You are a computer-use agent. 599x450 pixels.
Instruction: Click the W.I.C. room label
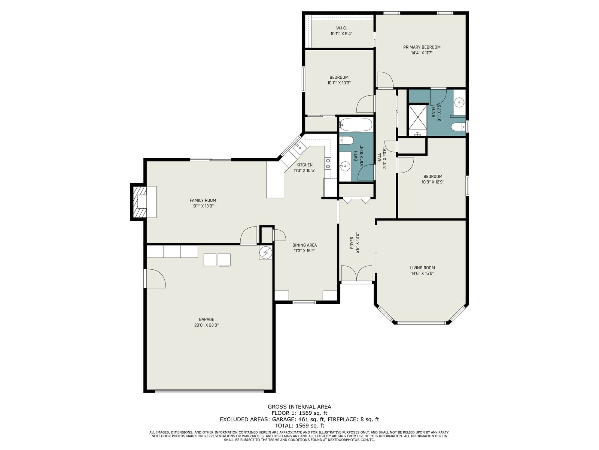[341, 28]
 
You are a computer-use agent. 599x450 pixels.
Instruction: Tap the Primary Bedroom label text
[422, 47]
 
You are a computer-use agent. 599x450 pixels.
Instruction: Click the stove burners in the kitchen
[328, 163]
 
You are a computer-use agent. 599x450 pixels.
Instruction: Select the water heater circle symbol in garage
[265, 253]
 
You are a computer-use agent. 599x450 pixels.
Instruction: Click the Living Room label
[422, 268]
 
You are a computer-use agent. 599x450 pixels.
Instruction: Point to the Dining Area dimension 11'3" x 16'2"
[304, 250]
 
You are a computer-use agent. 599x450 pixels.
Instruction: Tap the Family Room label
[203, 200]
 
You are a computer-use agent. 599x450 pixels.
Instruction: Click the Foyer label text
[352, 243]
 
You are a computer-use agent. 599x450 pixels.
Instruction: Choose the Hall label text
[379, 158]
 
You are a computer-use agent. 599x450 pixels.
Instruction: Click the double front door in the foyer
[356, 273]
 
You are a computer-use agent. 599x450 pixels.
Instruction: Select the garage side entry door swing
[155, 278]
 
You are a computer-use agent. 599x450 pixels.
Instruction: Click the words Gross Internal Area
[299, 406]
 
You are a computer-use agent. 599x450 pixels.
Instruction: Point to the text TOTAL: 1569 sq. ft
[299, 425]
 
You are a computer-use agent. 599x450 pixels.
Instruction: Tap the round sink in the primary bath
[460, 103]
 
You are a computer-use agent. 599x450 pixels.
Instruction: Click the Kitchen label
[304, 165]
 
